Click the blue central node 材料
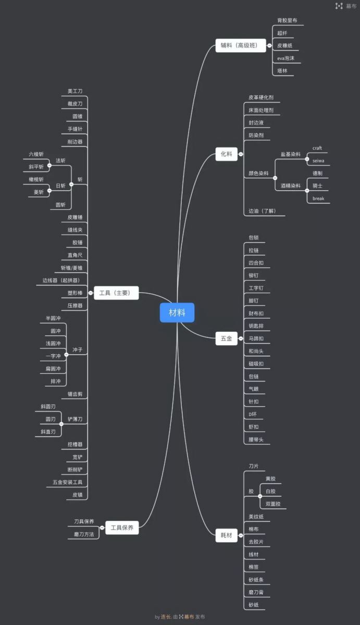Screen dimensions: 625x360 pos(177,312)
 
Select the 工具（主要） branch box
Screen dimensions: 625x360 pos(116,293)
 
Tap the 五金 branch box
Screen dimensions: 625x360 pos(226,339)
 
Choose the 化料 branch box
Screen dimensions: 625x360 pos(226,154)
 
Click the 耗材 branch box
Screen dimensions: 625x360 pos(226,535)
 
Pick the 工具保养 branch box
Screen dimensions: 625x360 pos(122,528)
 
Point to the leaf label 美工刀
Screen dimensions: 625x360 pos(75,91)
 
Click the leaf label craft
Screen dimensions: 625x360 pos(317,148)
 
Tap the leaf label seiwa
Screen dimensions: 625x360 pos(318,160)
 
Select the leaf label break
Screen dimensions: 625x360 pos(318,198)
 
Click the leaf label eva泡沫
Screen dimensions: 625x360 pos(286,58)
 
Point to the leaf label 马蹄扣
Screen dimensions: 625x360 pos(256,339)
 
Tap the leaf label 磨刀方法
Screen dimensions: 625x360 pos(83,534)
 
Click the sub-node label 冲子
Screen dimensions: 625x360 pos(77,349)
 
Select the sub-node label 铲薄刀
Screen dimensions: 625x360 pos(75,419)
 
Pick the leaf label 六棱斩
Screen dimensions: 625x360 pos(36,154)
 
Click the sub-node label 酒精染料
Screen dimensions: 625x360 pos(291,185)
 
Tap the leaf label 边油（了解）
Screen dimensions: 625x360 pos(262,211)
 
